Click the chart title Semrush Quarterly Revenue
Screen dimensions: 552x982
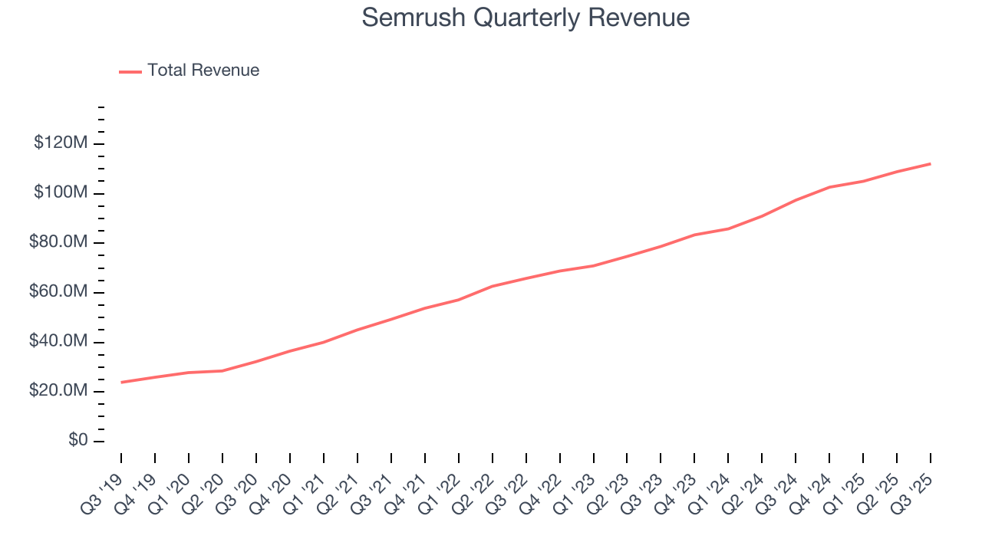point(526,18)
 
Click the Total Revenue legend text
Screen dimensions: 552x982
point(203,71)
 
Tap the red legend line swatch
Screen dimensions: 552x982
point(130,71)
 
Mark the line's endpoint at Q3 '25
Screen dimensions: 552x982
point(931,163)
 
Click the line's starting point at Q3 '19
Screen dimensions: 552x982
point(121,382)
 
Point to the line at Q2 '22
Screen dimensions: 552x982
point(493,286)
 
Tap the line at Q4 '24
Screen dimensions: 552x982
point(829,187)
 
